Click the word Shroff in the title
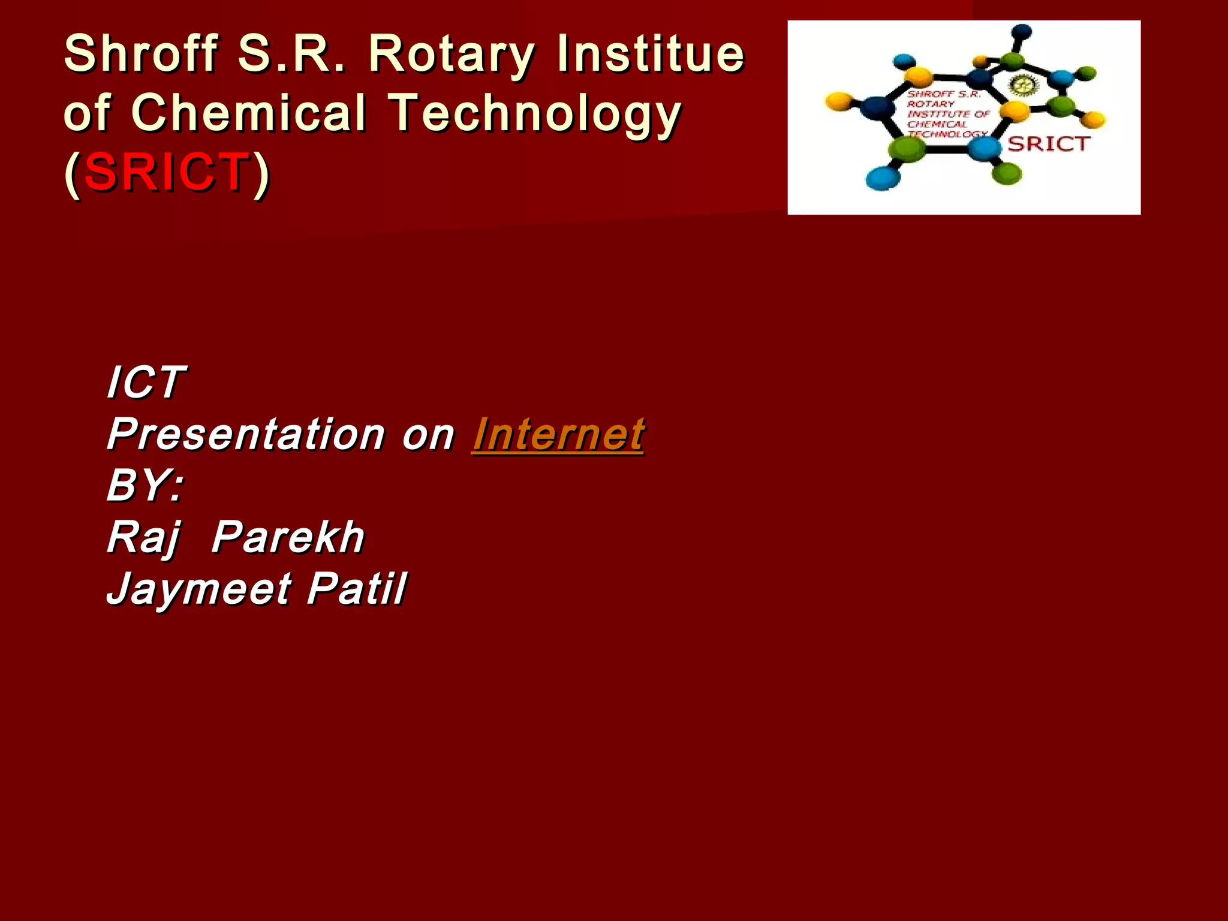coord(141,54)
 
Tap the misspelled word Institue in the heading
coord(651,54)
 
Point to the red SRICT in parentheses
coord(167,173)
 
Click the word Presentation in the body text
coord(246,434)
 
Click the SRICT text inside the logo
coord(1048,144)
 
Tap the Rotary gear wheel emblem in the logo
coord(1019,86)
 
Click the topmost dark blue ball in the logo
coord(1022,32)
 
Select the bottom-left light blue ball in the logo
coord(883,178)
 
